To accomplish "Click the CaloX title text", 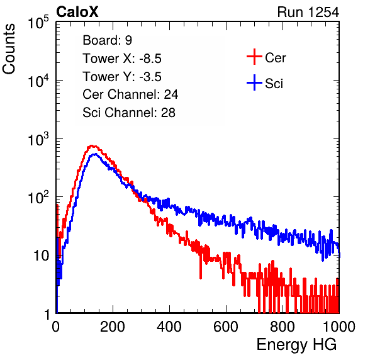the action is tap(77, 12).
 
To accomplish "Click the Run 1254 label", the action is tap(308, 12).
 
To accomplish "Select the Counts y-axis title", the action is tap(9, 49).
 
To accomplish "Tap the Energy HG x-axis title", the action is tap(296, 344).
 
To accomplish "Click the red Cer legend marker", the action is tap(254, 57).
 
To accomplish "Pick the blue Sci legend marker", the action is tap(254, 82).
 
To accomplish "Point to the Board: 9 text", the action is tap(108, 40).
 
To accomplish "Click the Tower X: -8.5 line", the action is tap(122, 59).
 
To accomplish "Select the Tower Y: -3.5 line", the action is tap(122, 77).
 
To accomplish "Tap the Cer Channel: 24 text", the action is tap(130, 94).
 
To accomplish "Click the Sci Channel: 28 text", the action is tap(129, 113).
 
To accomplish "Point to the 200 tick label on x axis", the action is tap(113, 327).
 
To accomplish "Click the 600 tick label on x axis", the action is tap(226, 327).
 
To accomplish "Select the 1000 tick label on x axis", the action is tap(339, 327).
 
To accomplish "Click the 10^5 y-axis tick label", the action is tap(38, 22).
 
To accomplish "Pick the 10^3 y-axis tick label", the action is tap(38, 139).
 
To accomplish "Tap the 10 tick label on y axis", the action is tap(41, 256).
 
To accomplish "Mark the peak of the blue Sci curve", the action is tap(95, 154).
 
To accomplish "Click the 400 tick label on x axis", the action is tap(169, 327).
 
